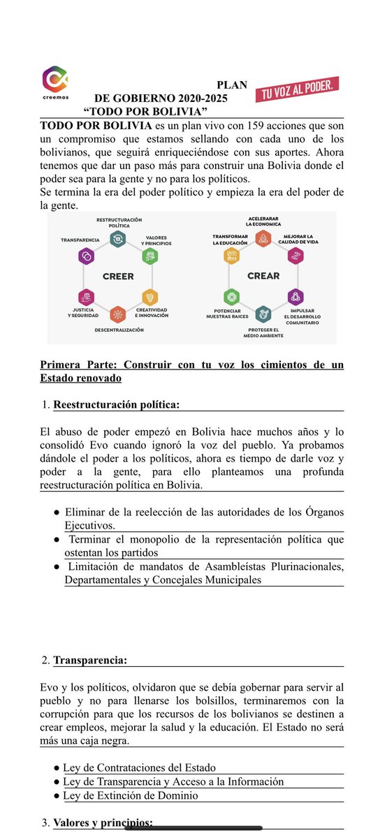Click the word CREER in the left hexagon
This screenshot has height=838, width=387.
pyautogui.click(x=118, y=276)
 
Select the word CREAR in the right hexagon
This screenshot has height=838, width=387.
pyautogui.click(x=263, y=276)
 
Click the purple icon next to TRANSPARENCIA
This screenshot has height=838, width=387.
pyautogui.click(x=86, y=256)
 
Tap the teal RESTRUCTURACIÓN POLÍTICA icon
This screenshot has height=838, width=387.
pyautogui.click(x=118, y=240)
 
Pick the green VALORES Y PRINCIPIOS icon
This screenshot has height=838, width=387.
pyautogui.click(x=149, y=256)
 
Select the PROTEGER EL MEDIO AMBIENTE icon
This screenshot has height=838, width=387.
pyautogui.click(x=263, y=314)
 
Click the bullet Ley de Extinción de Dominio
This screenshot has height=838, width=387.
pyautogui.click(x=131, y=795)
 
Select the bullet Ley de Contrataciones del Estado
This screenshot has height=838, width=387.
pyautogui.click(x=139, y=767)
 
